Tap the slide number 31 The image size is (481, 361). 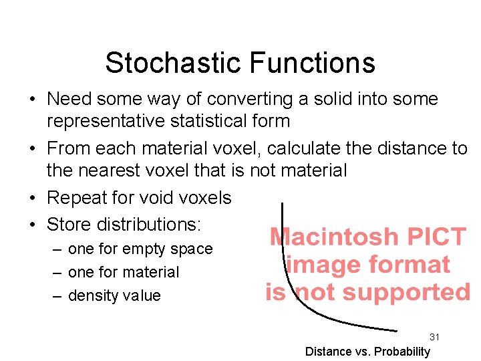tap(434, 337)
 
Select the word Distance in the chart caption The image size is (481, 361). tap(328, 352)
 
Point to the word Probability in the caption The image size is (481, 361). tap(404, 352)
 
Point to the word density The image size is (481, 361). tap(92, 295)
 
